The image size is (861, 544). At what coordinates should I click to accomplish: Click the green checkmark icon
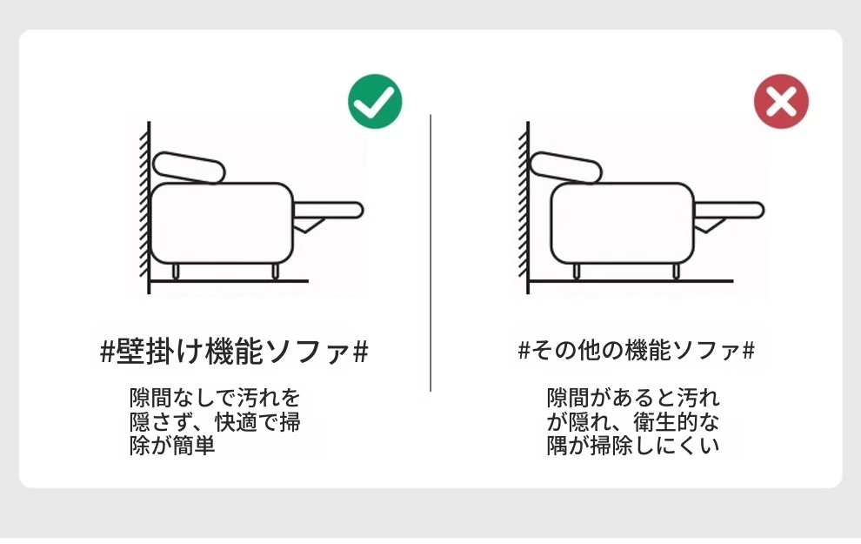pyautogui.click(x=375, y=101)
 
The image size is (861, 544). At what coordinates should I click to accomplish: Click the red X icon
pyautogui.click(x=781, y=101)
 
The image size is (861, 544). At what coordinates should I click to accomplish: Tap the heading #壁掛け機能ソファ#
pyautogui.click(x=235, y=352)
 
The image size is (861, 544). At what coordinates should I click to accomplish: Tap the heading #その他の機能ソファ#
pyautogui.click(x=637, y=350)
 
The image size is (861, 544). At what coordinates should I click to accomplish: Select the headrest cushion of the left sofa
pyautogui.click(x=189, y=167)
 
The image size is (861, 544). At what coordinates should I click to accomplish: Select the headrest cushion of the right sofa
pyautogui.click(x=566, y=167)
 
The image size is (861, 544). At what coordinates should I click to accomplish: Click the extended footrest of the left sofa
pyautogui.click(x=329, y=211)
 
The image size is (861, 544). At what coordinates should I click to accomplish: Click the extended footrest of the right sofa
pyautogui.click(x=729, y=211)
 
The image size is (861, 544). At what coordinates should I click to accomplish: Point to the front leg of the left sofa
pyautogui.click(x=275, y=271)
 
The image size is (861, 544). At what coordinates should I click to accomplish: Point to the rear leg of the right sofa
pyautogui.click(x=577, y=271)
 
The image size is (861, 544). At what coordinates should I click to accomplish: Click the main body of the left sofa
pyautogui.click(x=222, y=224)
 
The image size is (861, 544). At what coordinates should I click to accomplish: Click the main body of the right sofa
pyautogui.click(x=623, y=224)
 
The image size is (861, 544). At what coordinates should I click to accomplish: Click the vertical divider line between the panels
pyautogui.click(x=430, y=252)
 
